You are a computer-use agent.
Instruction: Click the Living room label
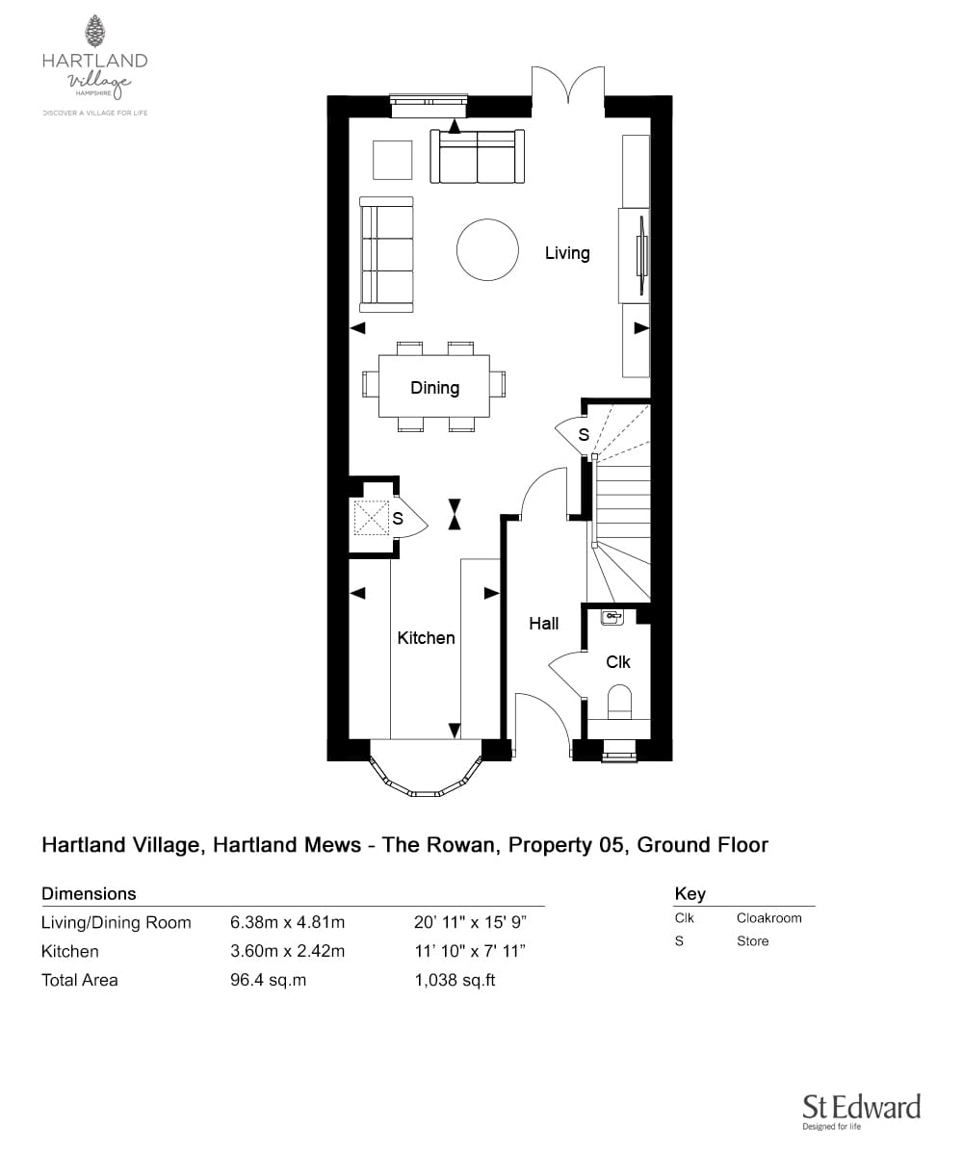click(566, 253)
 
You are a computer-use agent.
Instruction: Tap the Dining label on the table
click(434, 388)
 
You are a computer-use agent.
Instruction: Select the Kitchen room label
click(426, 637)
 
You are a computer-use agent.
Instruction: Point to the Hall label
click(543, 624)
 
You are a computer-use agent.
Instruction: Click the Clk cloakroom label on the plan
click(617, 662)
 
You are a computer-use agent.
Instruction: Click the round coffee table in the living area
click(485, 249)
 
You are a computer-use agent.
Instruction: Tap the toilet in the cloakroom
click(618, 702)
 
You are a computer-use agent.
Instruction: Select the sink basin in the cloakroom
click(612, 617)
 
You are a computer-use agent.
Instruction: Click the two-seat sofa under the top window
click(479, 156)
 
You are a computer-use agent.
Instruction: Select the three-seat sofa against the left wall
click(386, 254)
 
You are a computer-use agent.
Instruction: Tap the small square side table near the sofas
click(393, 160)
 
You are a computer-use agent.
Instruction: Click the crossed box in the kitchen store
click(371, 519)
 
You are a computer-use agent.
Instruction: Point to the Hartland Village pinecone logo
click(94, 32)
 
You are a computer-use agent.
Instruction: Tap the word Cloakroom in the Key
click(768, 918)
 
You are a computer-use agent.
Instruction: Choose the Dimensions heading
click(89, 893)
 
